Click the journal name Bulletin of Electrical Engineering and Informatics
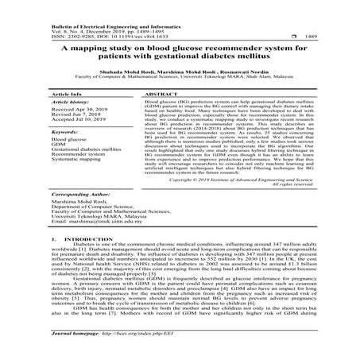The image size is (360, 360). [87, 6]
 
